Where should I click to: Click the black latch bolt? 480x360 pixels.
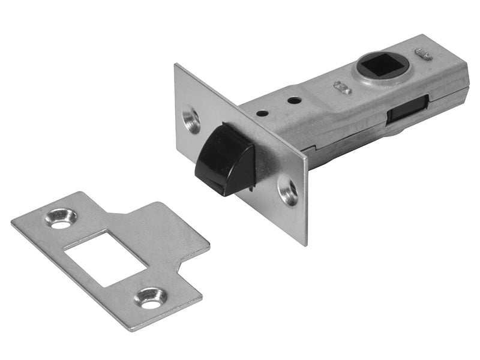coord(225,159)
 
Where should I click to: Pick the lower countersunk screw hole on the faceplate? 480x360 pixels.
coord(288,192)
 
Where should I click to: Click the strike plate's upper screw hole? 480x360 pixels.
coord(61,218)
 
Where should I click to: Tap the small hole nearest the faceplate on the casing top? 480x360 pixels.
coord(262,112)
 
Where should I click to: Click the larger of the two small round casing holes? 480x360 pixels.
coord(294,100)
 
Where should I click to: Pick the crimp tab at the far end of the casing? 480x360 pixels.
coord(423,55)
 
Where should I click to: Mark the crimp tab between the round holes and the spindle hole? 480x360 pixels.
coord(343,88)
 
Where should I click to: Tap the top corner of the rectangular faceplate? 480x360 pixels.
coord(176,65)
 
